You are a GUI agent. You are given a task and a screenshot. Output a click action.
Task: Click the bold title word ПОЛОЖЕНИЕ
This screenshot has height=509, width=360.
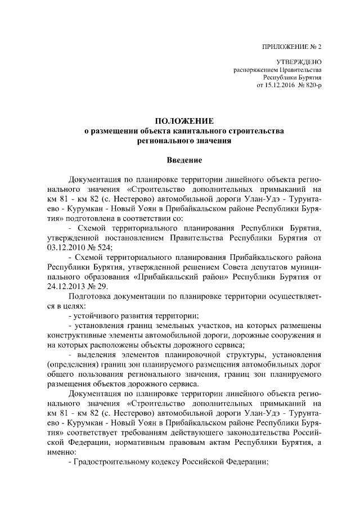tap(184, 121)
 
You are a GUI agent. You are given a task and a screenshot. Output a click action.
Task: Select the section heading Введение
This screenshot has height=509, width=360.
tap(184, 160)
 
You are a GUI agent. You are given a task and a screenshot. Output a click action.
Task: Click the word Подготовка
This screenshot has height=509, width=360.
tap(91, 296)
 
